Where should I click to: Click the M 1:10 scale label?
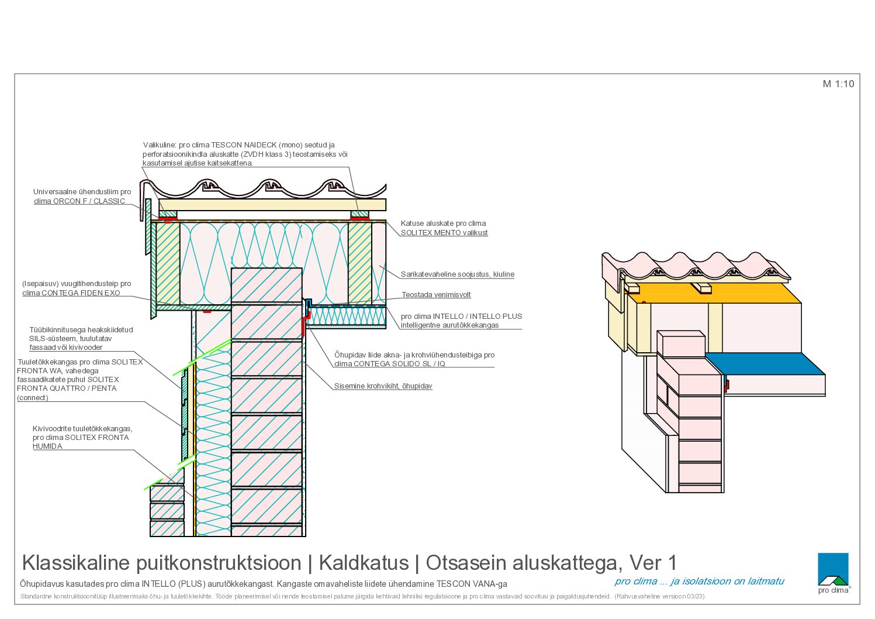click(838, 84)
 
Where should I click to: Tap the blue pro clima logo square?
click(833, 569)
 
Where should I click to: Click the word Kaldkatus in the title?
click(364, 563)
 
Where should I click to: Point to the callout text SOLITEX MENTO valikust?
click(444, 233)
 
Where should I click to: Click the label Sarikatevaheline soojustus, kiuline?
click(458, 274)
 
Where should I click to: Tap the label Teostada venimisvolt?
click(436, 295)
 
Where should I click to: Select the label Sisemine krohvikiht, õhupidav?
click(383, 386)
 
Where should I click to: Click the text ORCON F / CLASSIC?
click(89, 201)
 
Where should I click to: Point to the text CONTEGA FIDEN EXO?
click(81, 293)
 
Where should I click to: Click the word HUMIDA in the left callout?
click(47, 446)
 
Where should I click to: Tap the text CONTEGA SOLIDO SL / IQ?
click(399, 364)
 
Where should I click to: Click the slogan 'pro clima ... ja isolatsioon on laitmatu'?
click(699, 582)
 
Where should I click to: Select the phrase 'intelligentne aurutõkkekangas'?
click(449, 325)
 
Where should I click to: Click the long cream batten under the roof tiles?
click(272, 205)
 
